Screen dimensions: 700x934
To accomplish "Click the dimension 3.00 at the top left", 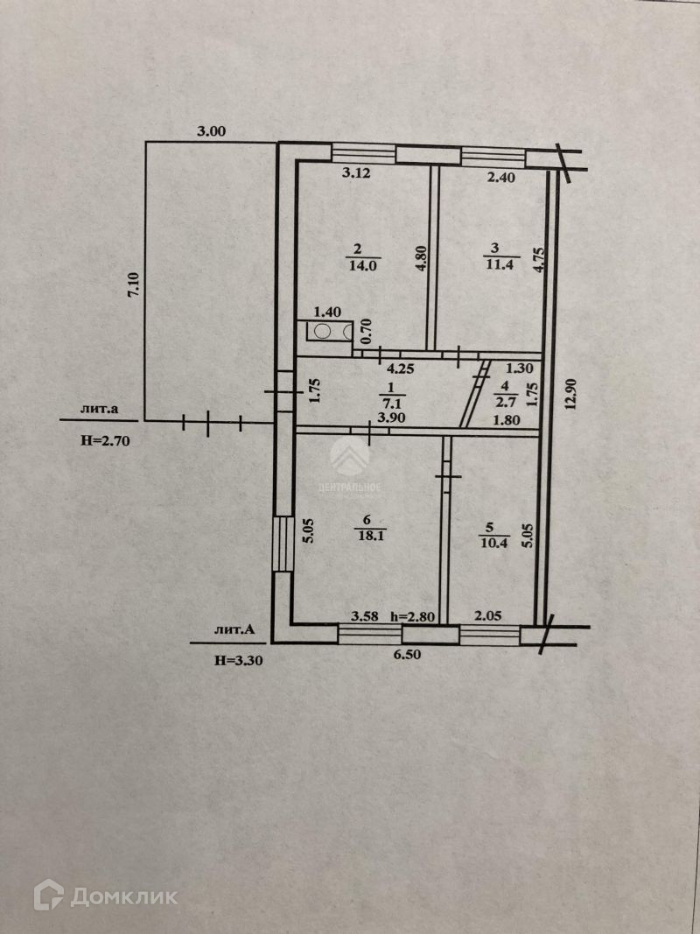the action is tap(211, 132).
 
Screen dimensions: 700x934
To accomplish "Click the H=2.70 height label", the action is tap(105, 441).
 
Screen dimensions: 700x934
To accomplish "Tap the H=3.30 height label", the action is tap(238, 662).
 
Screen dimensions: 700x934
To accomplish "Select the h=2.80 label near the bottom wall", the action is tap(412, 616).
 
